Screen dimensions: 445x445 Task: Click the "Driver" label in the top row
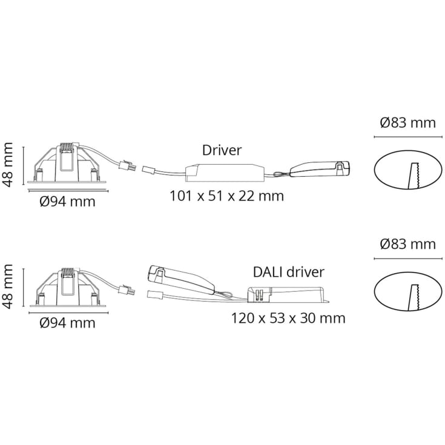tap(222, 150)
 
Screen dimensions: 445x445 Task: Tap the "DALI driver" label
tap(288, 272)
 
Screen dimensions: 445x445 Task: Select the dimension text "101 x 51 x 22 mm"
tap(226, 196)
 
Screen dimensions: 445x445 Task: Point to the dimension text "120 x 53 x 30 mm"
tap(288, 318)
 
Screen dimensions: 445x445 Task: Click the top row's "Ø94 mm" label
tap(68, 202)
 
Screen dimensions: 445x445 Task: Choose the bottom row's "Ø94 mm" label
tap(68, 323)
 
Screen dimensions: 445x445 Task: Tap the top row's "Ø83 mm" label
tap(408, 123)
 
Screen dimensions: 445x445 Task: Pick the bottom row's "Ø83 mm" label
tap(408, 245)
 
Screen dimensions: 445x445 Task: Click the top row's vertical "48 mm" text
tap(7, 165)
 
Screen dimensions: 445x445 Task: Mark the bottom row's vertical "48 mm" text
tap(7, 286)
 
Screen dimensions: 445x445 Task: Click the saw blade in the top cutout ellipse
tap(414, 176)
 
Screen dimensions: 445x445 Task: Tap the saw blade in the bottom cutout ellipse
tap(414, 297)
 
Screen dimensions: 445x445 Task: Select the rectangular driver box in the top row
tap(225, 173)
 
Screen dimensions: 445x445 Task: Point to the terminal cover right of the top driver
tap(320, 169)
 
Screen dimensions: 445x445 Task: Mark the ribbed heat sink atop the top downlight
tap(67, 147)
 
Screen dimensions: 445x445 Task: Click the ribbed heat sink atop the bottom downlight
tap(68, 272)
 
